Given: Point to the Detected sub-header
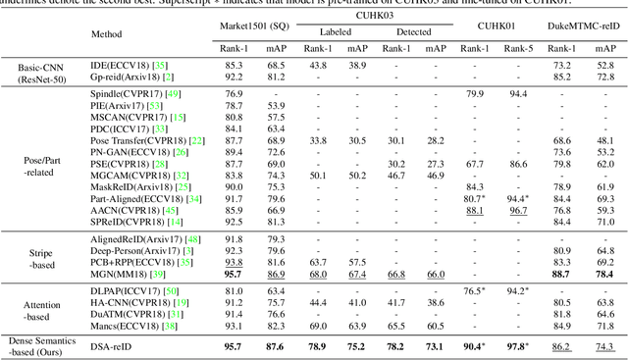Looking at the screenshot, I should (x=410, y=32).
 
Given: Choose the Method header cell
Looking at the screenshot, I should (x=133, y=32).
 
